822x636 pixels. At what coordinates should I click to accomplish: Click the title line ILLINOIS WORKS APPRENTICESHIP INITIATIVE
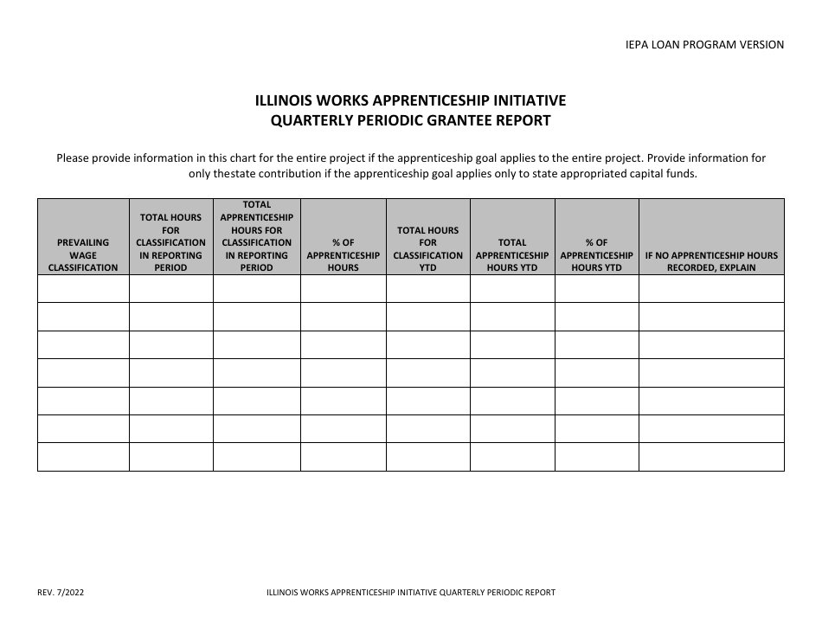[x=410, y=101]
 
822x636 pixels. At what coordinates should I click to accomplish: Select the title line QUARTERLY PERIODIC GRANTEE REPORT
[x=410, y=121]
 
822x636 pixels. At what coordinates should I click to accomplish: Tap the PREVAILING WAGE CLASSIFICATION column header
[x=83, y=255]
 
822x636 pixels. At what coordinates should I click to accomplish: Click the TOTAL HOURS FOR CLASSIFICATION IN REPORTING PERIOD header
[x=170, y=242]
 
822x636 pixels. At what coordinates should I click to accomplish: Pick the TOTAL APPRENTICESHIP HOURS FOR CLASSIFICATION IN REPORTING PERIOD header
[x=256, y=236]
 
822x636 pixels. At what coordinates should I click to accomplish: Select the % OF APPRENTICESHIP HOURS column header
[x=343, y=255]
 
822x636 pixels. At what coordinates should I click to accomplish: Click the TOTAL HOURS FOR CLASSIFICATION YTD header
[x=427, y=249]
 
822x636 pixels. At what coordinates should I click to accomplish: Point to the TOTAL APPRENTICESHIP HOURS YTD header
[x=512, y=255]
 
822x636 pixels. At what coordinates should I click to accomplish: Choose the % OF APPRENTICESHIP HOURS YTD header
[x=596, y=255]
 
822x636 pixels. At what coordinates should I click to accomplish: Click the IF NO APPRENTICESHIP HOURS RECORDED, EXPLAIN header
[x=711, y=261]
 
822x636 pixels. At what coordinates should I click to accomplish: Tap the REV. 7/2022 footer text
[x=61, y=593]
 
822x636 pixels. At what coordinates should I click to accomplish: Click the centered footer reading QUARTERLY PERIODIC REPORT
[x=411, y=593]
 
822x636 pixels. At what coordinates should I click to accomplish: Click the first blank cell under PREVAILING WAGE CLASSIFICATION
[x=83, y=288]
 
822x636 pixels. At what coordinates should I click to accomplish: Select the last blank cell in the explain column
[x=711, y=456]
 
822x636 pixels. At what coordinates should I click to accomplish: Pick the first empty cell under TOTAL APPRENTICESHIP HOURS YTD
[x=512, y=288]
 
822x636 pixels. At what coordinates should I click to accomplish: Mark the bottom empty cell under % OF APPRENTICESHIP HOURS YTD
[x=596, y=456]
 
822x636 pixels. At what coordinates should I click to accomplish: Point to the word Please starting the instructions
[x=74, y=158]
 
